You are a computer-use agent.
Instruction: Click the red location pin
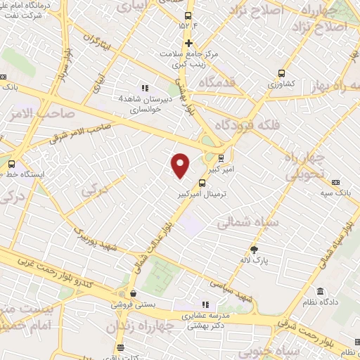point(181,165)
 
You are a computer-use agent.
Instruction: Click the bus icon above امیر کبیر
point(222,157)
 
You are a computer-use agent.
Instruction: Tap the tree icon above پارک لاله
point(255,249)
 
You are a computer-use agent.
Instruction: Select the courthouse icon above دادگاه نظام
point(320,292)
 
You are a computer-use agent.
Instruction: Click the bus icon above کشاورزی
point(281,72)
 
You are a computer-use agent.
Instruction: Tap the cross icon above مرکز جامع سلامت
point(188,43)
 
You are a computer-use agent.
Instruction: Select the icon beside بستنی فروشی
point(133,294)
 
